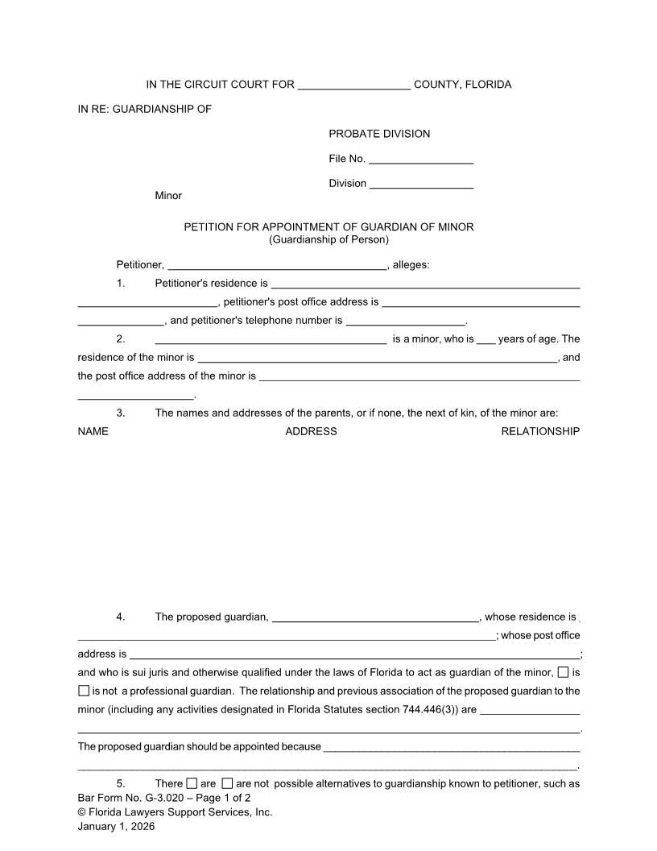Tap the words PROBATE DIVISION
click(x=379, y=134)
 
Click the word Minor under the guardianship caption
click(x=168, y=196)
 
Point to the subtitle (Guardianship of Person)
click(x=328, y=239)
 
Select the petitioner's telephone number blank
click(x=406, y=322)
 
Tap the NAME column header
click(x=93, y=431)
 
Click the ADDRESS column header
click(x=311, y=431)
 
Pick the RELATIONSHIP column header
click(x=540, y=431)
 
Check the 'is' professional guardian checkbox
click(x=563, y=672)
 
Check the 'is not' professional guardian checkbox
click(x=84, y=691)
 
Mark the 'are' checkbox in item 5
click(x=192, y=783)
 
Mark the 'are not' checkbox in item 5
click(x=227, y=783)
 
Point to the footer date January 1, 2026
click(x=116, y=826)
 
